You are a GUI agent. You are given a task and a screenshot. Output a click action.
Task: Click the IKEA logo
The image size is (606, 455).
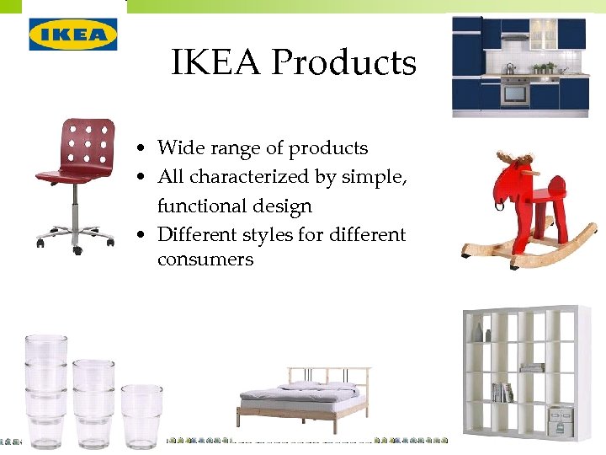(x=73, y=35)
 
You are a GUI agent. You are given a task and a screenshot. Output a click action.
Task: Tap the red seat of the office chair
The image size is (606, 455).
(x=67, y=174)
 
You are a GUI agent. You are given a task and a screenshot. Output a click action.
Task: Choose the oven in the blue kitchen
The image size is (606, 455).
(x=515, y=91)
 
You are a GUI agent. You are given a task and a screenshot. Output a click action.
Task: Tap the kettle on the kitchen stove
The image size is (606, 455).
(x=510, y=68)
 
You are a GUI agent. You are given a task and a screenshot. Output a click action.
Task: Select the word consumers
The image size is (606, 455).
(x=205, y=260)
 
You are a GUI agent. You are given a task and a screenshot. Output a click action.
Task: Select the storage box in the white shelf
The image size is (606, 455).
(x=561, y=419)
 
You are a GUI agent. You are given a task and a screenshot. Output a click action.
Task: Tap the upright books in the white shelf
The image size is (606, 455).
(x=502, y=392)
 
